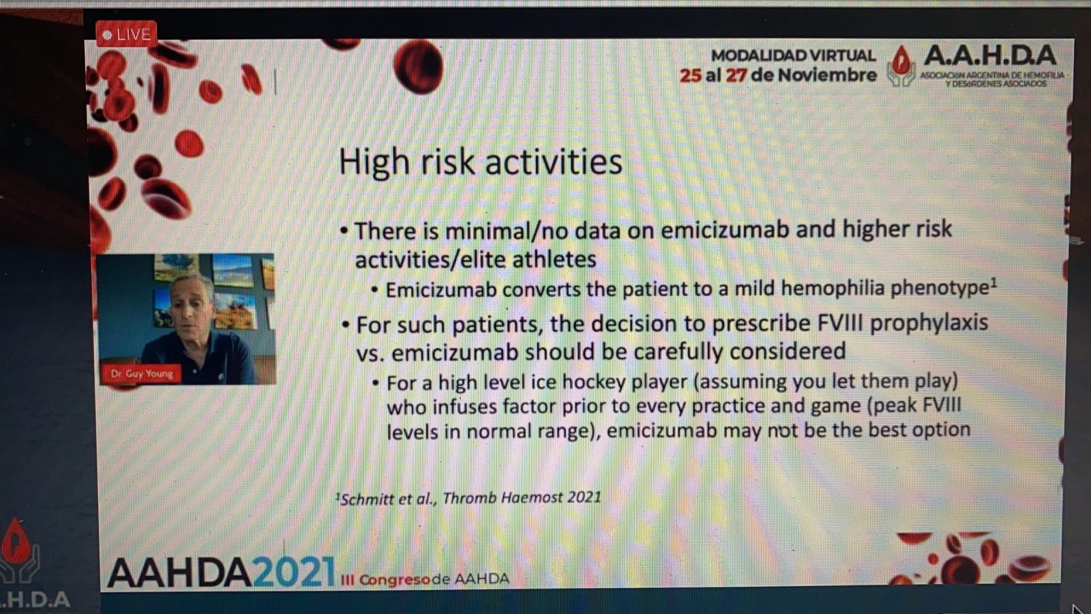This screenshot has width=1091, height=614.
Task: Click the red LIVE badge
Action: [126, 34]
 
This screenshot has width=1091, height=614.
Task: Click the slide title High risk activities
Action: [480, 162]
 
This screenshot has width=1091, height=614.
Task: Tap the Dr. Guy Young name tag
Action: [141, 374]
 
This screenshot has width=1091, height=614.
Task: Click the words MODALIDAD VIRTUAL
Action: [793, 55]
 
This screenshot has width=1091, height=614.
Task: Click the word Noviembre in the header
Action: [826, 75]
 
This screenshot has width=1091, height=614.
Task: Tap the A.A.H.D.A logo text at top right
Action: [990, 55]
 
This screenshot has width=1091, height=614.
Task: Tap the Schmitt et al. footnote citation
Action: [468, 498]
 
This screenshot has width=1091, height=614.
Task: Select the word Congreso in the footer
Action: [395, 579]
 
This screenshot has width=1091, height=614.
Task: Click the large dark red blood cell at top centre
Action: [418, 66]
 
